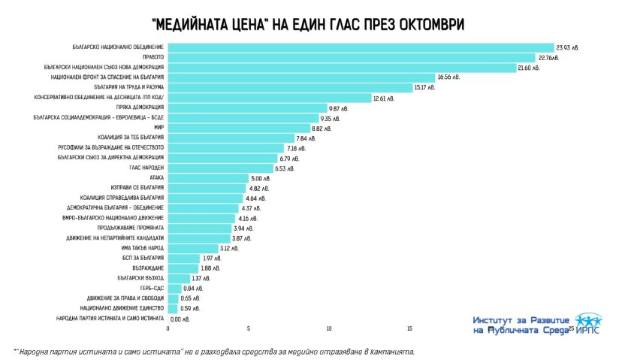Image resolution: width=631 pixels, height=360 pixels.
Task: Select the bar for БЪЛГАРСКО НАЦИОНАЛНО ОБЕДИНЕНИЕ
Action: tap(361, 47)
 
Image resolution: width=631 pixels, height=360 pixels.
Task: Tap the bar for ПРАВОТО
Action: tap(351, 57)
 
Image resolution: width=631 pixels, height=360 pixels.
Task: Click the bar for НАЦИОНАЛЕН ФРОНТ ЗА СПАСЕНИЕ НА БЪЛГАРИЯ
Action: tap(300, 77)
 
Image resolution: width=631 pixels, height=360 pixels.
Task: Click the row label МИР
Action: tap(159, 128)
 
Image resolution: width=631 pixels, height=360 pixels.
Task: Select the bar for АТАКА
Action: tap(208, 178)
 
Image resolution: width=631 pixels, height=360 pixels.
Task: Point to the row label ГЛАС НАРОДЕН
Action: tap(148, 168)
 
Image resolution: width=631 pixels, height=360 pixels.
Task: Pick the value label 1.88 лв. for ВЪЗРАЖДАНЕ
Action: tap(210, 268)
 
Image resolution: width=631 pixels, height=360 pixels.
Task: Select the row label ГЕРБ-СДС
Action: tap(152, 289)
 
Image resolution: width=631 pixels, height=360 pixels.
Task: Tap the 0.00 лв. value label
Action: tap(180, 319)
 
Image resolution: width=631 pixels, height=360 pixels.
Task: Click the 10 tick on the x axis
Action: tap(329, 328)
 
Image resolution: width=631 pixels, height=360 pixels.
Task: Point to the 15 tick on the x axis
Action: tap(409, 328)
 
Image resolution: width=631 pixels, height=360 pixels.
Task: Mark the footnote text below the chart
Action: tap(213, 351)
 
